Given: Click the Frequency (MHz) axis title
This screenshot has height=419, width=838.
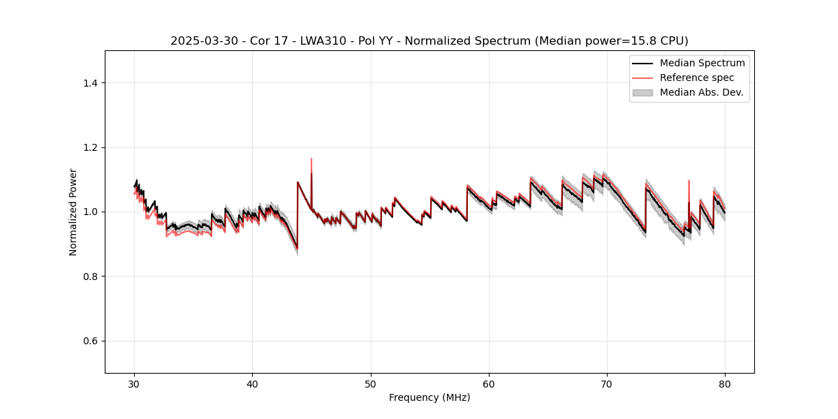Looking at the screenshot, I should tap(429, 397).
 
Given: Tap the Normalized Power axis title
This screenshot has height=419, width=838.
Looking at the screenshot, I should tap(73, 212).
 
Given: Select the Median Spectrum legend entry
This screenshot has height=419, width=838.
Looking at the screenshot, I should tap(702, 63).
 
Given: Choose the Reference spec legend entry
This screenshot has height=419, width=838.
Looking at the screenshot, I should tap(697, 78).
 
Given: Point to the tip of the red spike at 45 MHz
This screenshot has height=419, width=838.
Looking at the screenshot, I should tap(311, 159).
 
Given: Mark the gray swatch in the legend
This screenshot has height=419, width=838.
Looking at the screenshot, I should tap(642, 92).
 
